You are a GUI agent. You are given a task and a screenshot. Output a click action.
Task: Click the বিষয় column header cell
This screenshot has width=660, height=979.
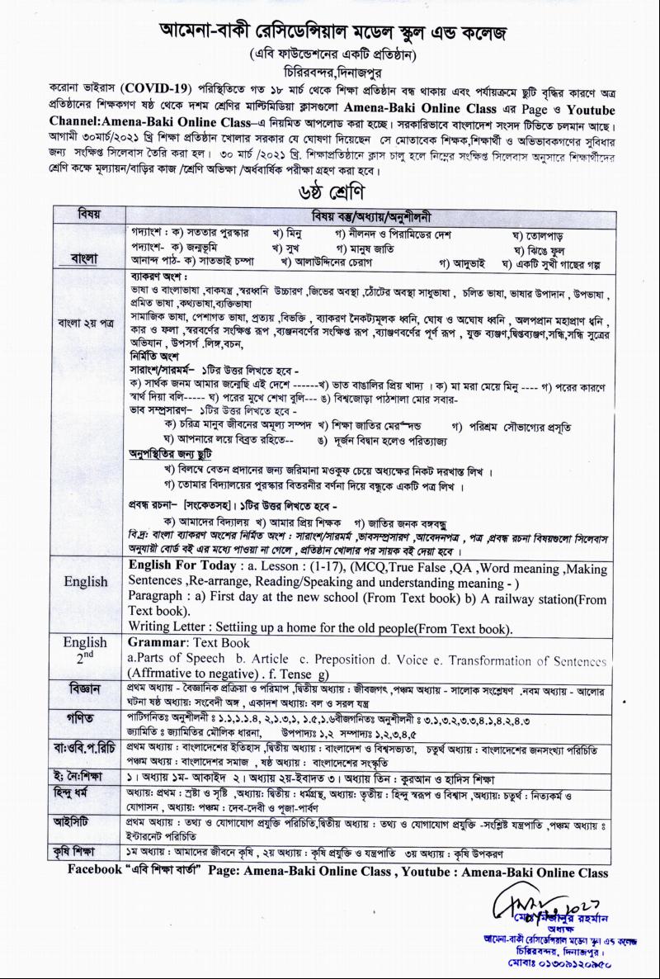click(x=89, y=215)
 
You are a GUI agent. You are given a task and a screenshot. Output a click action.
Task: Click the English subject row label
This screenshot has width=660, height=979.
click(x=86, y=582)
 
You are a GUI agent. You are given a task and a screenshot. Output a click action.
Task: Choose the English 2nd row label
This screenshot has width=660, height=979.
click(x=86, y=649)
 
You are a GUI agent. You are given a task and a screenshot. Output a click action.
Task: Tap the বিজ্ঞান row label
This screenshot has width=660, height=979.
click(x=85, y=688)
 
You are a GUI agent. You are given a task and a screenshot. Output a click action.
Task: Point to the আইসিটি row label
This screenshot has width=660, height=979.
click(x=85, y=822)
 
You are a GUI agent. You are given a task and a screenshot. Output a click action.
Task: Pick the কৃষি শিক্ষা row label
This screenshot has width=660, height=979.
click(x=85, y=851)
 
